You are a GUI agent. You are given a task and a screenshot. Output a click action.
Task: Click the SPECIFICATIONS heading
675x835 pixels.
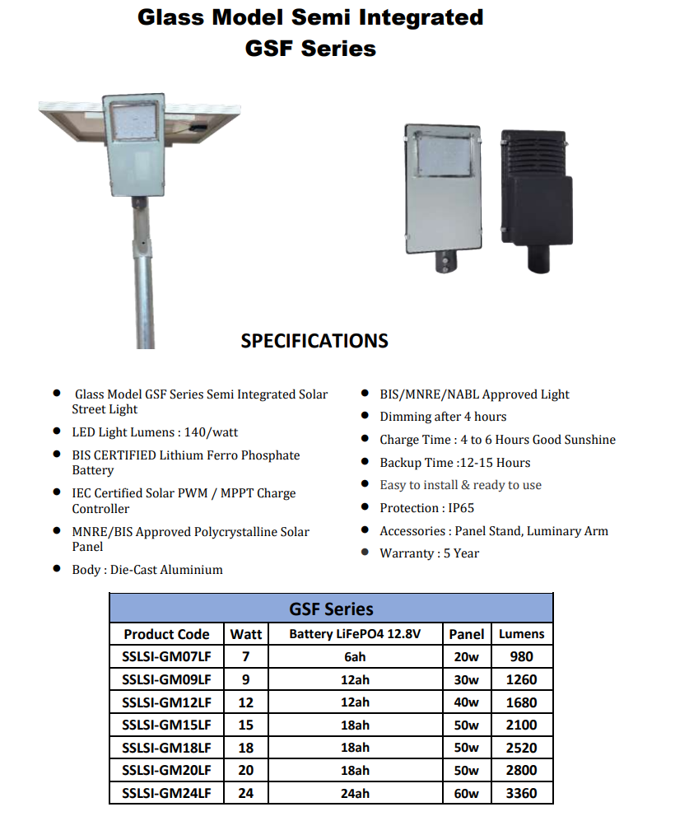(x=314, y=341)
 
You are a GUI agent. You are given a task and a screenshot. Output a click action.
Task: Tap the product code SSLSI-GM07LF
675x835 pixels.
(x=166, y=656)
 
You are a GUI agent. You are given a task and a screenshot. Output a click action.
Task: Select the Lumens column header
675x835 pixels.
(x=521, y=633)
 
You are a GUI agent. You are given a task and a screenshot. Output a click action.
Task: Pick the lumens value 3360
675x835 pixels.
(x=522, y=793)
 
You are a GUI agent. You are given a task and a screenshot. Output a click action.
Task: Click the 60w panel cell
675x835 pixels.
(x=466, y=793)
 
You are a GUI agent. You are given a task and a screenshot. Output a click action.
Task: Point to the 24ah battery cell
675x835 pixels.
(x=355, y=793)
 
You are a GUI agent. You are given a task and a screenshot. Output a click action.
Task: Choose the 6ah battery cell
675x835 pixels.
(x=355, y=656)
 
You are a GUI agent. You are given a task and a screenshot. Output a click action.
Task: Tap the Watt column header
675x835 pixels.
(x=246, y=633)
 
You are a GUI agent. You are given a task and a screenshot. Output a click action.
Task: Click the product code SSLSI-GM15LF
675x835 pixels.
(x=166, y=725)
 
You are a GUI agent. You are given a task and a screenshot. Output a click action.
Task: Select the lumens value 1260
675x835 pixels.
(x=522, y=679)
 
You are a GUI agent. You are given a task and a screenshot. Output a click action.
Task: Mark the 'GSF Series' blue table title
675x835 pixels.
(x=331, y=609)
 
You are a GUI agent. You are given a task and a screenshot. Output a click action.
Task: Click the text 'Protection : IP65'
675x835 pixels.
(x=426, y=508)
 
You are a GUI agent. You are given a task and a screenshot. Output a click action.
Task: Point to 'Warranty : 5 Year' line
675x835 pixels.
(x=429, y=553)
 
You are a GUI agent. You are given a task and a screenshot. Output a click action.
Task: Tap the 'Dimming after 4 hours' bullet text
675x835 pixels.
(x=443, y=417)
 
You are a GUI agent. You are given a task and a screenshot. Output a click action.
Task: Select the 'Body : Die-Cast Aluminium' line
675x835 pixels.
(x=147, y=570)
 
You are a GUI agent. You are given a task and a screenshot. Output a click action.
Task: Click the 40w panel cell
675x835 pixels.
(x=466, y=702)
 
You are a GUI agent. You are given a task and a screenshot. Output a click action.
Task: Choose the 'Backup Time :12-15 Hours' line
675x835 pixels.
(x=454, y=463)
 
